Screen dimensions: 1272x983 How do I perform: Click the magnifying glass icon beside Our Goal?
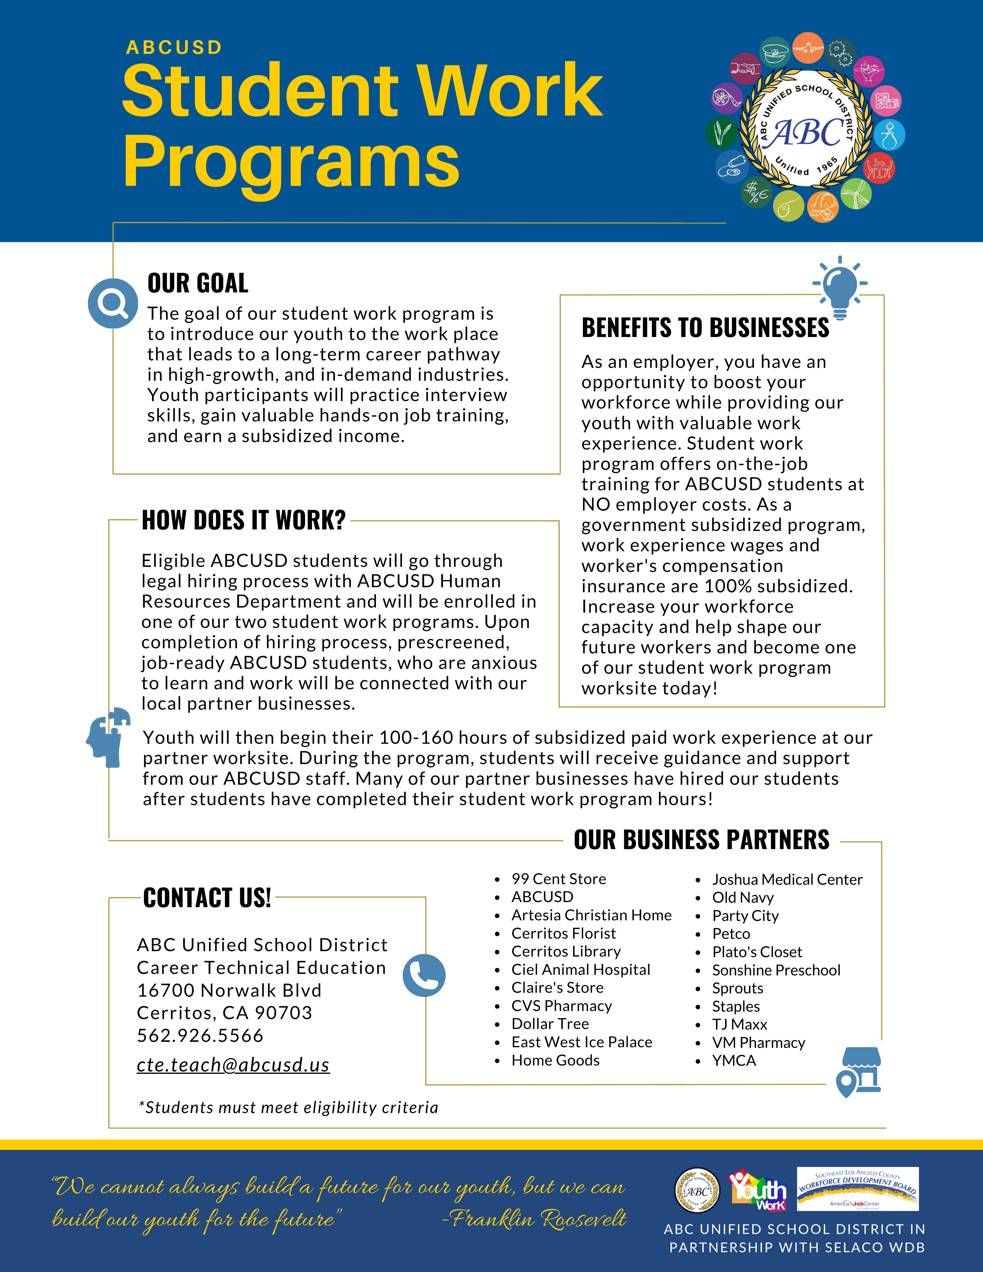point(112,303)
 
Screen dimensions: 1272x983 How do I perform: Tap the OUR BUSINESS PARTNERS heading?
point(701,840)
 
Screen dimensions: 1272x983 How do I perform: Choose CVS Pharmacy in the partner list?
point(561,1006)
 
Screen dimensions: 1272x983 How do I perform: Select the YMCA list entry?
point(734,1061)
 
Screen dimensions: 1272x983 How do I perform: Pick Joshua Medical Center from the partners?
point(787,879)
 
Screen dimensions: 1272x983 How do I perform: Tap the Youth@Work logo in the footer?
point(758,1190)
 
